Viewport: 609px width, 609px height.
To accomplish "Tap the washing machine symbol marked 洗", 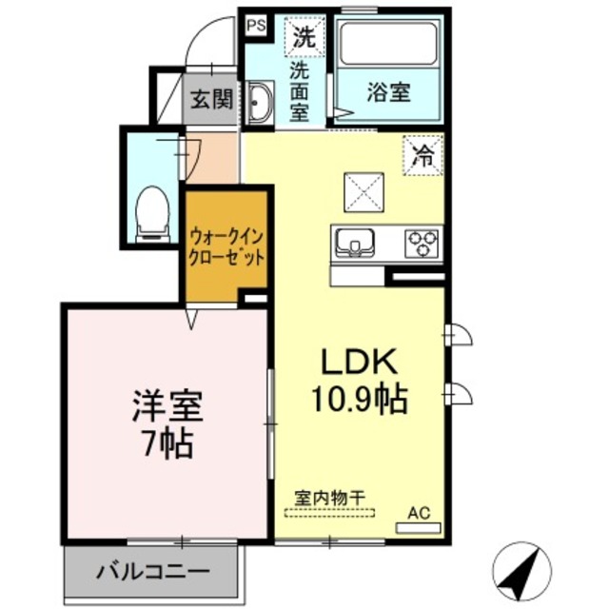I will (x=303, y=39).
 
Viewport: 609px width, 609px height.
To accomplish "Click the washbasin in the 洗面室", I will (x=260, y=102).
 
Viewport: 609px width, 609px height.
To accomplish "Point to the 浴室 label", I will (x=388, y=92).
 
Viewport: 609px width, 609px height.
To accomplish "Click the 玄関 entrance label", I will (x=209, y=98).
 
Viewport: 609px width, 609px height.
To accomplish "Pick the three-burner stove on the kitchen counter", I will (x=422, y=243).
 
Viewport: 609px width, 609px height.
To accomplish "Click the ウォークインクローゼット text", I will (x=226, y=246).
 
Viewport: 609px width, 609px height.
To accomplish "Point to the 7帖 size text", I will (x=166, y=442).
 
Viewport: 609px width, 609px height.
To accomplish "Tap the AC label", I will (x=419, y=513).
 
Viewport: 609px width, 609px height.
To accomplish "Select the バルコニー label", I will (x=152, y=572).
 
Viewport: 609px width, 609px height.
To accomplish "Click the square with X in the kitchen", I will (x=363, y=193).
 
